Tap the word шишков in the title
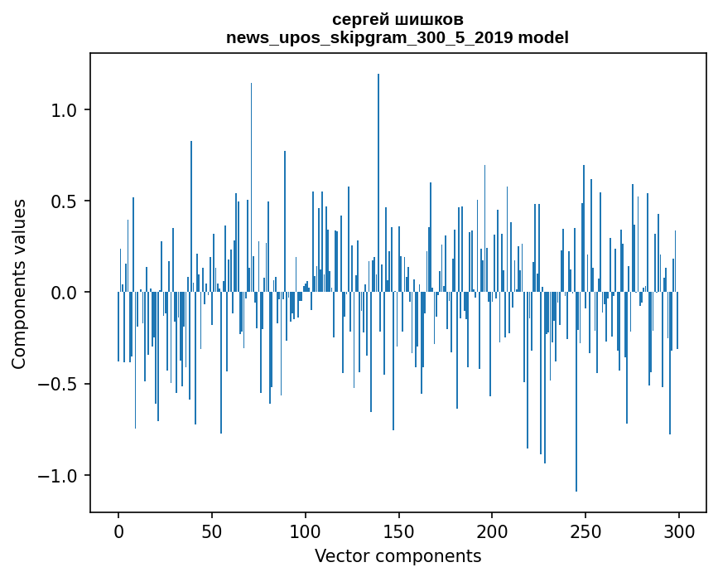(x=431, y=19)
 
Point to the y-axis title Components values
(x=19, y=284)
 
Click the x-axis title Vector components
(x=398, y=555)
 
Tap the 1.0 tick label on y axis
(x=65, y=110)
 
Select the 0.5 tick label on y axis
(x=65, y=201)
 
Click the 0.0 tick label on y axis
(x=65, y=293)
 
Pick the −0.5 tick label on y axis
(x=59, y=384)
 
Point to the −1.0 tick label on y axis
(x=59, y=476)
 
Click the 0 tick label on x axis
(x=118, y=530)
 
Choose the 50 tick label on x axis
(x=212, y=530)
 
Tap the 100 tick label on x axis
(x=306, y=530)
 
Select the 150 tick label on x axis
(x=399, y=530)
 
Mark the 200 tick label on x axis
(x=493, y=530)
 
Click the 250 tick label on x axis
(x=586, y=530)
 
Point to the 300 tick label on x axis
(x=679, y=530)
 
